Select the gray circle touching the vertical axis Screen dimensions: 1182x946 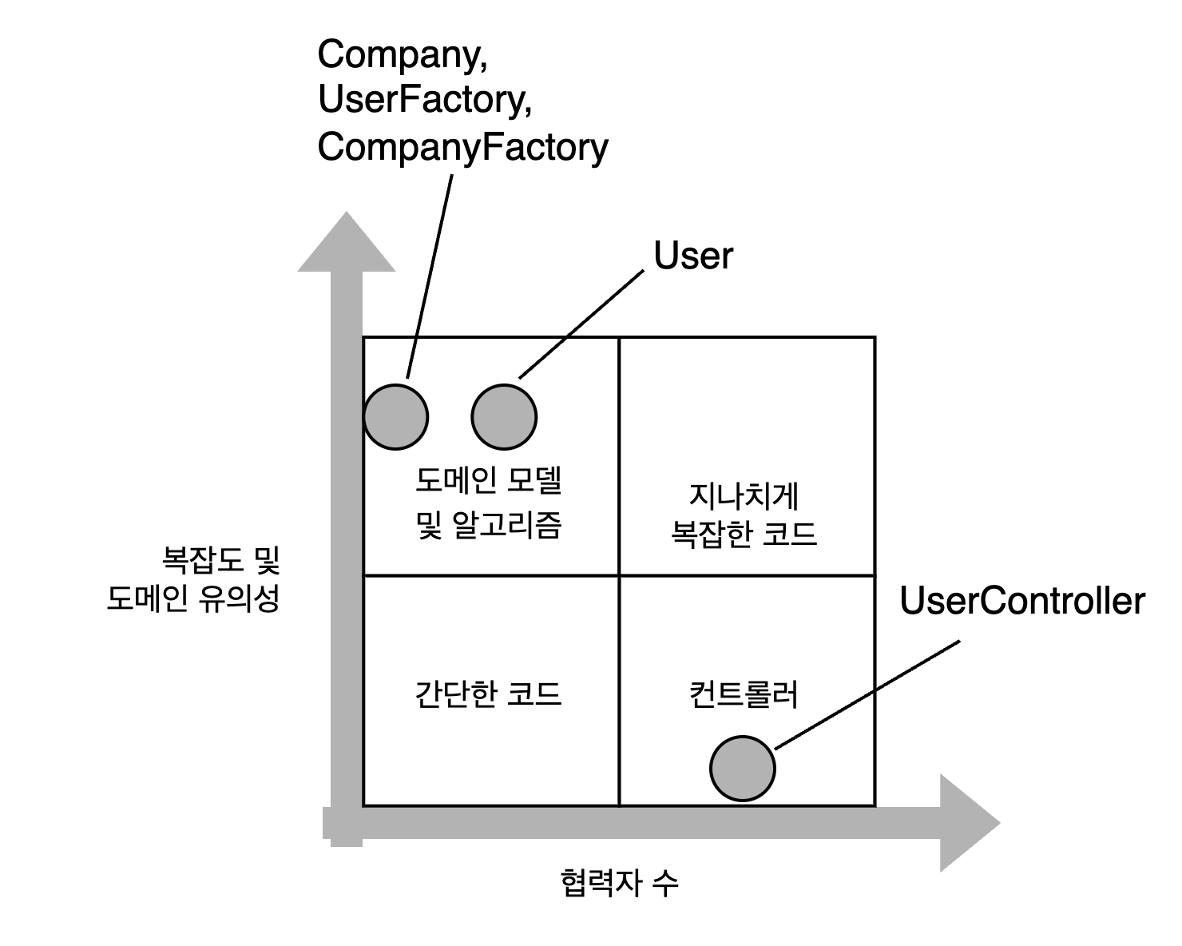coord(395,416)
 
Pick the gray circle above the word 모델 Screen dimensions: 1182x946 coord(503,416)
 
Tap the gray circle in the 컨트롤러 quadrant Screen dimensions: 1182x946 coord(742,768)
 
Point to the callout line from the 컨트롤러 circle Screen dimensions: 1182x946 coord(825,720)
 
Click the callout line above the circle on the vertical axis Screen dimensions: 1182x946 coord(412,358)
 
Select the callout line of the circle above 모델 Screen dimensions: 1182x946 coord(542,357)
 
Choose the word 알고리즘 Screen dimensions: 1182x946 coord(507,525)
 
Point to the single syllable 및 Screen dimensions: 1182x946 coord(430,525)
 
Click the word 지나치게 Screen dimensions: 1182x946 coord(744,496)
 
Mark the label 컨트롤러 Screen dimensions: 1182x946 coord(743,694)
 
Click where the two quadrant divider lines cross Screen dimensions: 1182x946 coord(619,574)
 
